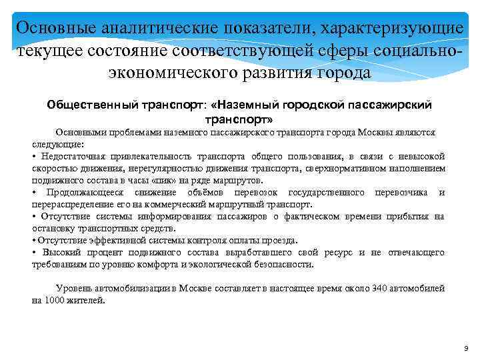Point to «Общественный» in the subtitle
[x=91, y=105]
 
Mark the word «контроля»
[x=205, y=240]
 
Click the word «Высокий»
[x=62, y=252]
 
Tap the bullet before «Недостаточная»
[x=34, y=156]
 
